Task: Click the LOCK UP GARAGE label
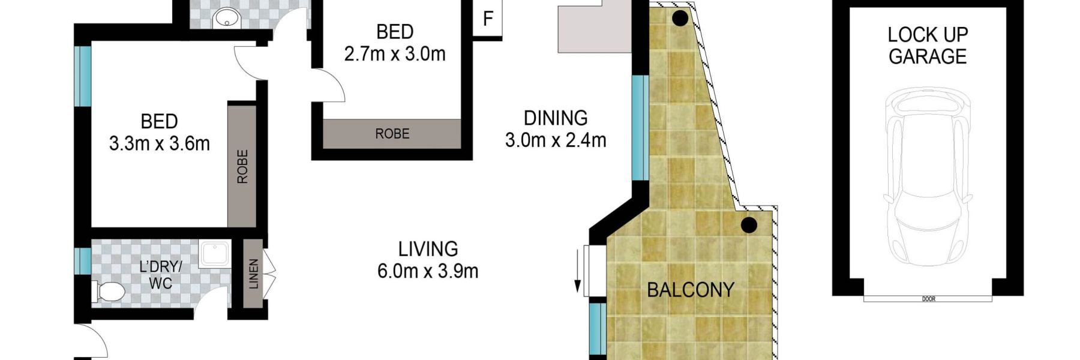928,46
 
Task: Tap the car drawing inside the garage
928,176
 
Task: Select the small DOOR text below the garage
928,299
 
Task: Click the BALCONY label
691,290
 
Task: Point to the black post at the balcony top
680,19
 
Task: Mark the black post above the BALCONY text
749,226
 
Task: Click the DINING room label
556,118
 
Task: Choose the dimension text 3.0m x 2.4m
556,140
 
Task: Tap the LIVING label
428,249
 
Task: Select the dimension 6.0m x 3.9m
428,271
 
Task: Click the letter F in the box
488,19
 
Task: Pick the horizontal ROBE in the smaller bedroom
392,134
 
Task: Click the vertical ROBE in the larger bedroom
242,166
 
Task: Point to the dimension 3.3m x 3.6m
160,144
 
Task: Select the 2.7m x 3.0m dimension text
395,54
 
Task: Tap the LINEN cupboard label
254,274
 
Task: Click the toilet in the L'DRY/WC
109,292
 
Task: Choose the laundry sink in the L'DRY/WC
214,254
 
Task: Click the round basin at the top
227,18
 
